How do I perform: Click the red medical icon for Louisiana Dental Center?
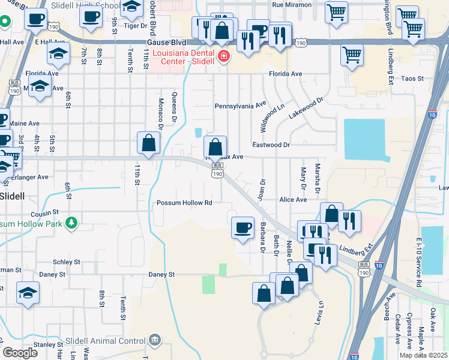pos(224,56)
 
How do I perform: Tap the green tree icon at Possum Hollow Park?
pos(71,224)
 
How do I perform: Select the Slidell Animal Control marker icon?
pos(155,341)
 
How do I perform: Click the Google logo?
pos(20,353)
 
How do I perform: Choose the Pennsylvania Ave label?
pos(240,105)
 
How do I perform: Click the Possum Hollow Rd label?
pos(185,203)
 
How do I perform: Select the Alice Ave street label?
pos(292,200)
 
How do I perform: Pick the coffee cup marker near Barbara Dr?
pos(243,227)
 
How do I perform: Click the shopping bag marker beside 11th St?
pos(148,143)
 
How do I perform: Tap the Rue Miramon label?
pos(292,5)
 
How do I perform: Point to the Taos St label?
pos(412,79)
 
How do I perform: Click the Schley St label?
pos(66,262)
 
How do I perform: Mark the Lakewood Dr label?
pos(306,107)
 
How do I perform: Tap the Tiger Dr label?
pos(135,26)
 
